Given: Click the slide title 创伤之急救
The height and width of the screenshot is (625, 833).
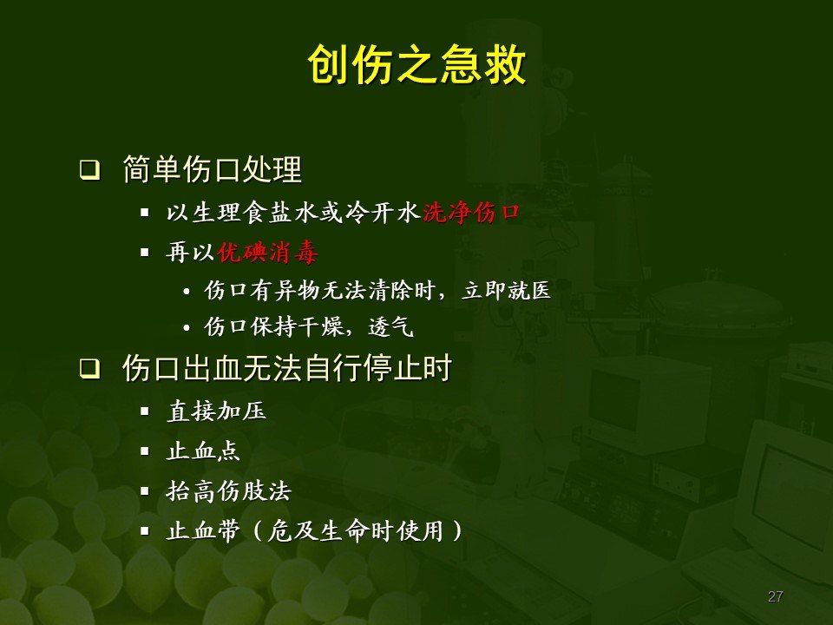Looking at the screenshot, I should (416, 66).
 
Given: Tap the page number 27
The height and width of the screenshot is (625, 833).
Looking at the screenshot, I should (776, 596).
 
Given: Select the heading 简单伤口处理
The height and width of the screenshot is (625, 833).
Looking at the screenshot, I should (213, 170).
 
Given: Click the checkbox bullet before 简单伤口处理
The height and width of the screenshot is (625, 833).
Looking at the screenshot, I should (89, 170).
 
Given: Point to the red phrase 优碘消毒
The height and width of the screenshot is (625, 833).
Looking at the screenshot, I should (267, 253).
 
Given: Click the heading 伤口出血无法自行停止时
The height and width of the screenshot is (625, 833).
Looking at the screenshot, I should (286, 370).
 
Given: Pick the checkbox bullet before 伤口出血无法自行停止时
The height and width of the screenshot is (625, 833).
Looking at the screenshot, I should (89, 370).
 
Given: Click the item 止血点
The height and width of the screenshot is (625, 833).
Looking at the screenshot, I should (203, 451).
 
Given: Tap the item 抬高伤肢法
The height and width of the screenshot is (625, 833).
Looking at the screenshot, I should (228, 492).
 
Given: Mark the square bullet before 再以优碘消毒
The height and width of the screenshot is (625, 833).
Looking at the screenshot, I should (145, 253).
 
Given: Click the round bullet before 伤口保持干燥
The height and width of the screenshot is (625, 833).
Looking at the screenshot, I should (187, 329).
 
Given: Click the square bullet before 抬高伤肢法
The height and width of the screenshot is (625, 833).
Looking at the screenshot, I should (145, 491).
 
